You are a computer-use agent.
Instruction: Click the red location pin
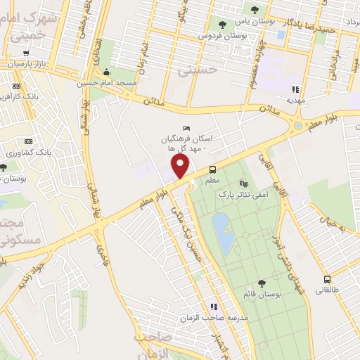tap(181, 167)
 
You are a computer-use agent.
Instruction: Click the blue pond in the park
tap(224, 234)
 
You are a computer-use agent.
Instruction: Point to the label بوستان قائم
tap(262, 294)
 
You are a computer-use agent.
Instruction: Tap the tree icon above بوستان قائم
tap(262, 283)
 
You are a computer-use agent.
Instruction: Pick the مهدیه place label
tap(295, 100)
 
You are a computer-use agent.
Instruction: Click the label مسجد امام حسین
tap(106, 83)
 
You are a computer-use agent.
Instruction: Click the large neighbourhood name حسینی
tap(193, 70)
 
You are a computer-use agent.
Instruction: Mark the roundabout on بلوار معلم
tap(298, 126)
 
